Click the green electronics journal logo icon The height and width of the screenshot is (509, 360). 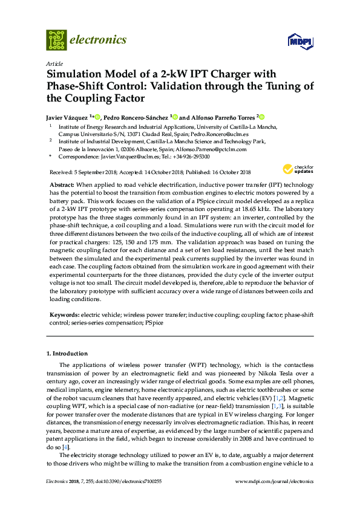56,39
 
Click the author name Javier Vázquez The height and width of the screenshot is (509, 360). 67,117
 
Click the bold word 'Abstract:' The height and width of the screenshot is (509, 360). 61,183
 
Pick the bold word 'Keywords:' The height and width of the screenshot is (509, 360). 64,315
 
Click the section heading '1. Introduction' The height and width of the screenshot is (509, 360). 67,354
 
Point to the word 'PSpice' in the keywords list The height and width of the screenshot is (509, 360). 154,323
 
